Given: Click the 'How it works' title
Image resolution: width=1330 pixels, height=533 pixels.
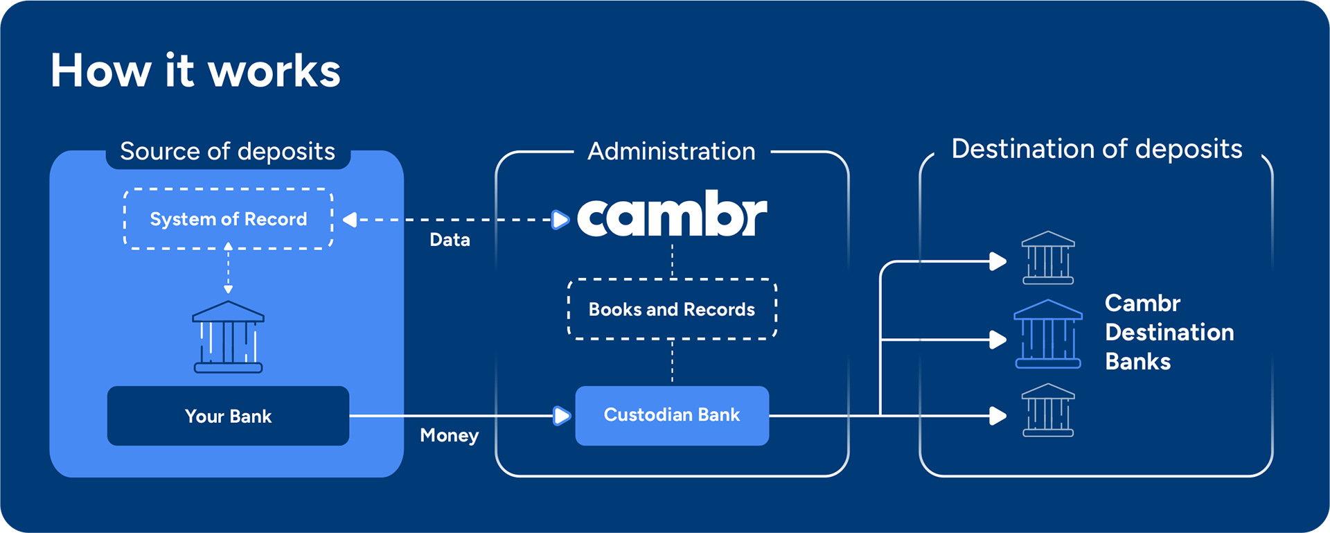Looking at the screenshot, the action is point(195,70).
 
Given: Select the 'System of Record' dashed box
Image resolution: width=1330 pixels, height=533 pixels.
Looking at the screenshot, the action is point(229,219).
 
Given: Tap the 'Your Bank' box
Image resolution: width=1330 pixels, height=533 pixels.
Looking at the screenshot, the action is point(228,416).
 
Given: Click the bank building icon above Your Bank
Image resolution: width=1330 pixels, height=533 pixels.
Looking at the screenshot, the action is point(228,337).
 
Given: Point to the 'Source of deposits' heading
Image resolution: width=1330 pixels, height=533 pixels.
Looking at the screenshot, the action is point(227,151).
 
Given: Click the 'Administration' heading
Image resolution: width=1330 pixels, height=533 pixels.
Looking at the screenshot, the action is point(671,151).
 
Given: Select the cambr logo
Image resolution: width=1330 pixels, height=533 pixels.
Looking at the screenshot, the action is point(672,213).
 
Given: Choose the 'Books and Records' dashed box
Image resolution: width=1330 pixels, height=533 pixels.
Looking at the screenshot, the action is point(672,309).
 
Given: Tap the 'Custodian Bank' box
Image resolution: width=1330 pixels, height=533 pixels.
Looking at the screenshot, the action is point(672,415).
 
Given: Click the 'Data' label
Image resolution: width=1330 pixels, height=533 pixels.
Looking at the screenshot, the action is point(450,240).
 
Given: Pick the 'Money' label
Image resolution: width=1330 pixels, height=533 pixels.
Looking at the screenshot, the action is point(449,435).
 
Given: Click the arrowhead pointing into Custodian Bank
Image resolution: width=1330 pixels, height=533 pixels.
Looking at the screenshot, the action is point(562,416).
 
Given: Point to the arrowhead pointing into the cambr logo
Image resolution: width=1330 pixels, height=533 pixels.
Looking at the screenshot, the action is point(560,220).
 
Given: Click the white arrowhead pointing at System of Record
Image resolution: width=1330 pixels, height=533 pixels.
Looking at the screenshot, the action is point(350,220).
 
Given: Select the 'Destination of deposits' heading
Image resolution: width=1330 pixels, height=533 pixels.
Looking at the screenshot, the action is point(1097,149).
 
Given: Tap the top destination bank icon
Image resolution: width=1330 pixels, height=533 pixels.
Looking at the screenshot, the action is point(1048,258).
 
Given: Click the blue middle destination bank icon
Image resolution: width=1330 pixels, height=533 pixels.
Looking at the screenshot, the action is point(1048,333).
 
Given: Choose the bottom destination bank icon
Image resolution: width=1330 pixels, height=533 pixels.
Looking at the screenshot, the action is point(1048,410).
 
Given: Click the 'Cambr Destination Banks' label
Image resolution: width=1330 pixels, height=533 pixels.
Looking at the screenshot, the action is point(1169,332).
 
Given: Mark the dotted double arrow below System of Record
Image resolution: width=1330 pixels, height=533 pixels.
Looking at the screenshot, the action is point(228,268).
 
